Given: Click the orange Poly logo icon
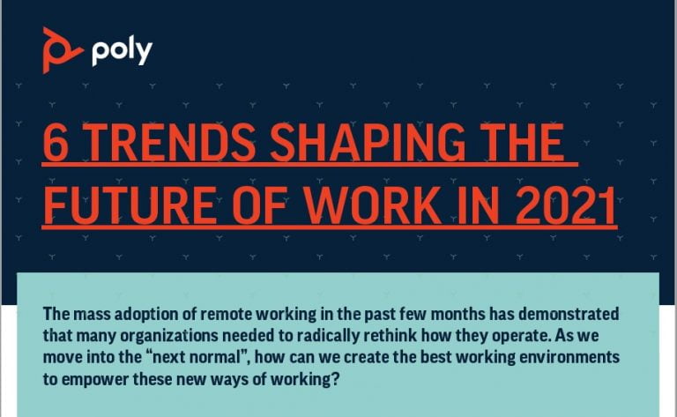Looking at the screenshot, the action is tap(62, 50).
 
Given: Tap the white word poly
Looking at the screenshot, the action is tap(122, 52).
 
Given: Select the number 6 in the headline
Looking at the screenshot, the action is tap(56, 143).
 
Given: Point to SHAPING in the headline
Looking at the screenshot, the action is tap(368, 143).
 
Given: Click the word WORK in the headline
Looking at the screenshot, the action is tap(373, 205).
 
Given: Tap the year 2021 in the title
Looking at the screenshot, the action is tap(566, 205).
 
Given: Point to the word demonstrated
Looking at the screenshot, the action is tap(569, 314).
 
